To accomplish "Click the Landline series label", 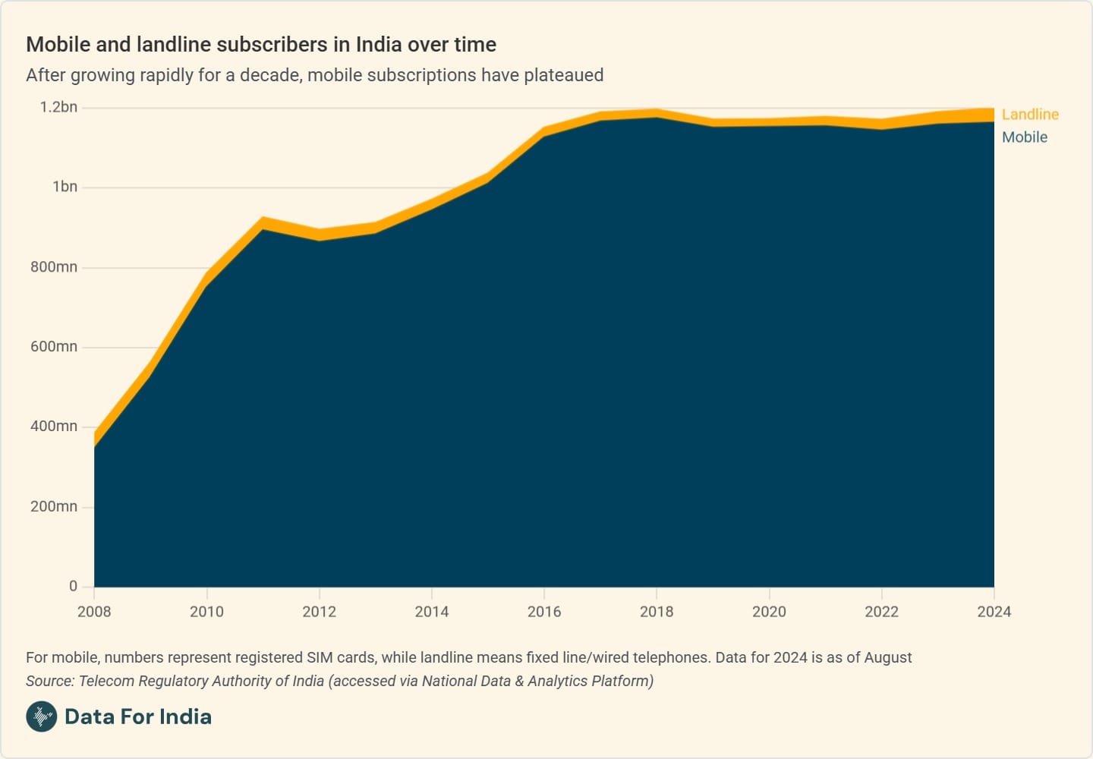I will [x=1029, y=115].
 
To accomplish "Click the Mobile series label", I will [x=1024, y=137].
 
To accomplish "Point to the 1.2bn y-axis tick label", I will [x=58, y=107].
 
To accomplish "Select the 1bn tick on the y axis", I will [x=65, y=187].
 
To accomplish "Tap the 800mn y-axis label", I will [x=54, y=267].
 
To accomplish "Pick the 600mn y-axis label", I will [x=54, y=347].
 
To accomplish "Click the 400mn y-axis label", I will [x=54, y=427].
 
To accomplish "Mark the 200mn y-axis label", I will [x=54, y=506].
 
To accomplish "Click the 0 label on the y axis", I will [x=73, y=586].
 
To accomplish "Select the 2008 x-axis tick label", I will [x=94, y=612].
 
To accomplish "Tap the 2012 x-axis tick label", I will [x=319, y=612].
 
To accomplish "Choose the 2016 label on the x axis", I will [x=544, y=612].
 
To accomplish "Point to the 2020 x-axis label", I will [x=769, y=612].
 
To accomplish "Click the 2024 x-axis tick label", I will [x=994, y=612].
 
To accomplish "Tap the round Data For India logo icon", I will [x=42, y=716].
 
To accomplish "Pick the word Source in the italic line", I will [x=49, y=681].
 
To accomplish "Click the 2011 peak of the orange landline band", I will [x=263, y=222].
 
